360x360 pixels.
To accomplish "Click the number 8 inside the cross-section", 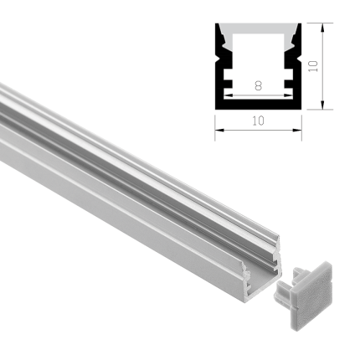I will [x=257, y=85].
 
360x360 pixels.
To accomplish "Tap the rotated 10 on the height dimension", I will [x=313, y=65].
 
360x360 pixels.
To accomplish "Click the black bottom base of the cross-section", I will [x=258, y=104].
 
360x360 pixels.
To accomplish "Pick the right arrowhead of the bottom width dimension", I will [x=299, y=129].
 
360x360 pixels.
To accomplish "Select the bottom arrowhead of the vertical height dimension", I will [x=323, y=105].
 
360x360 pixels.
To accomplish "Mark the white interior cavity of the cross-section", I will [x=258, y=59].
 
